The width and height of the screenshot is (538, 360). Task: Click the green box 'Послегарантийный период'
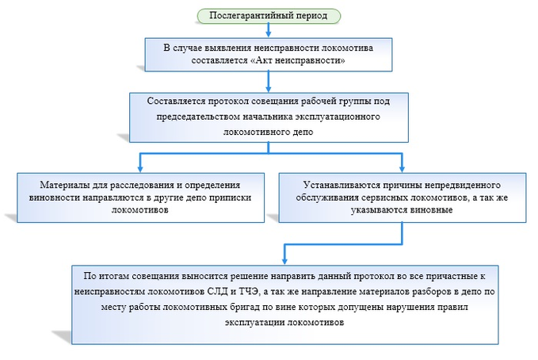(269, 15)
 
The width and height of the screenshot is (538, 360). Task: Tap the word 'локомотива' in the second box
(348, 48)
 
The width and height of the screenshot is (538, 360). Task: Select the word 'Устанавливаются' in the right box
(342, 182)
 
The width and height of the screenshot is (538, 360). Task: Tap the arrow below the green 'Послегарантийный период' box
(269, 30)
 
